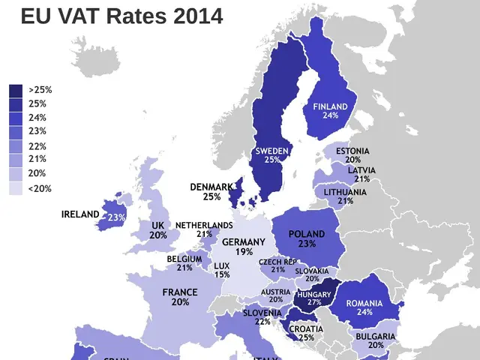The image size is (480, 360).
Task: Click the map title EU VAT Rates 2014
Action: coord(121,16)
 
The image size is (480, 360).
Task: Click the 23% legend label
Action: coord(37,131)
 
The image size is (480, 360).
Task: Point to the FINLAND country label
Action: coord(330,106)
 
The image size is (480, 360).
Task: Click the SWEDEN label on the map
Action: coord(271,151)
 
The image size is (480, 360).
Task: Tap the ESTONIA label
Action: coord(352,151)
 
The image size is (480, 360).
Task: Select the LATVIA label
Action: coord(361,170)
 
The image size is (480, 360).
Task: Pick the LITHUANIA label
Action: coord(345,192)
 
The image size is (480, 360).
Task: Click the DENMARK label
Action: coord(211,187)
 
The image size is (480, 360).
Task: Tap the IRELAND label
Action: coord(80,214)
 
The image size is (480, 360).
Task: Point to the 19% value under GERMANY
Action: coord(243,252)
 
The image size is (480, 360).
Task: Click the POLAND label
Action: coord(307,234)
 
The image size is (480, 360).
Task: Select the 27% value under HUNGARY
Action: coord(313,303)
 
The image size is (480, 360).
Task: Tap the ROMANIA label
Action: coord(364,303)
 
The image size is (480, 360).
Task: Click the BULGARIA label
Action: coord(376,337)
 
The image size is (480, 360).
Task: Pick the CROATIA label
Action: coord(307,329)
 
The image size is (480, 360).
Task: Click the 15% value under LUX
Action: coord(221,274)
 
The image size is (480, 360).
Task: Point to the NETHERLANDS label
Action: coord(204,225)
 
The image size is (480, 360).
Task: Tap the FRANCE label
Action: coord(180,292)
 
